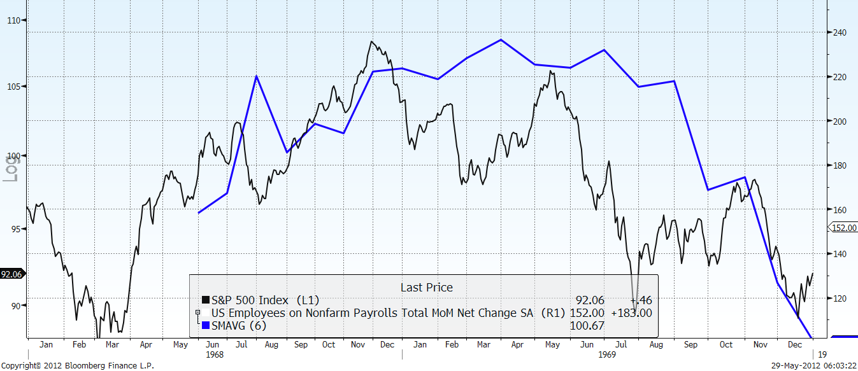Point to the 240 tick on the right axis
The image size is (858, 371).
(x=838, y=32)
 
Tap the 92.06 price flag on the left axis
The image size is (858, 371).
(x=11, y=274)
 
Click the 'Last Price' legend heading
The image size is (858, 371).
(x=426, y=288)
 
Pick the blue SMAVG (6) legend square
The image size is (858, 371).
(x=206, y=326)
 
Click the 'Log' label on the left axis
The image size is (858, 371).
(x=11, y=167)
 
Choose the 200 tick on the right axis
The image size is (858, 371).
(x=838, y=121)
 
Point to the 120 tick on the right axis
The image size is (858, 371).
(x=838, y=298)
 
